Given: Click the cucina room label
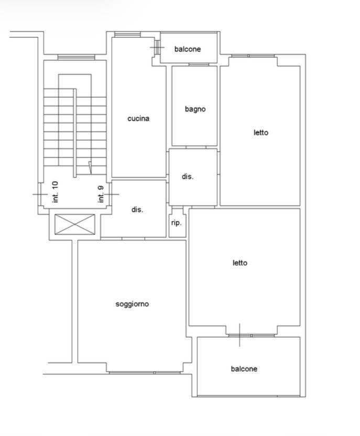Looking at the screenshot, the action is coord(138,119).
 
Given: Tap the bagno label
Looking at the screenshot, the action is coord(195,109).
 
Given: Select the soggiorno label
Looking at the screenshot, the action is coord(132,304).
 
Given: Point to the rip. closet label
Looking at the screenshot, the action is coord(177,223).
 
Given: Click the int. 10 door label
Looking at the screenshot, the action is coord(55,192).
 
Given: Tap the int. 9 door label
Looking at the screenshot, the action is coord(101,194).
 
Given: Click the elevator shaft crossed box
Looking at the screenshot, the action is coord(74,224).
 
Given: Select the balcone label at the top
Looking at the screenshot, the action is coord(188,49).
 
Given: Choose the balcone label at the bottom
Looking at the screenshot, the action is coord(244,369).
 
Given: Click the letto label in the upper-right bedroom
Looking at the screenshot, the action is coord(261,132).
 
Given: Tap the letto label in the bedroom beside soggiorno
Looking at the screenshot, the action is coord(240,263).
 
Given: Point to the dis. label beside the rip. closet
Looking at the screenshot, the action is coord(137,210).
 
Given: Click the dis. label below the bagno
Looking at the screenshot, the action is coord(188,177).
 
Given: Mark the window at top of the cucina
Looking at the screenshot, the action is coord(127,35).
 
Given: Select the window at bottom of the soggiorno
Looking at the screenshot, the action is coord(145,372).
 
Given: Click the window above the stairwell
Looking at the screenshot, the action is coord(77,58).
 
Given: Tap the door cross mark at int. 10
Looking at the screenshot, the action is coord(40,194).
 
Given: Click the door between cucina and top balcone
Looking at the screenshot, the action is coord(157,47).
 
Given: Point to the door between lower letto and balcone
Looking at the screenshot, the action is coord(240,335).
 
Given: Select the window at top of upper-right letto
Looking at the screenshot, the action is coord(253,56).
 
